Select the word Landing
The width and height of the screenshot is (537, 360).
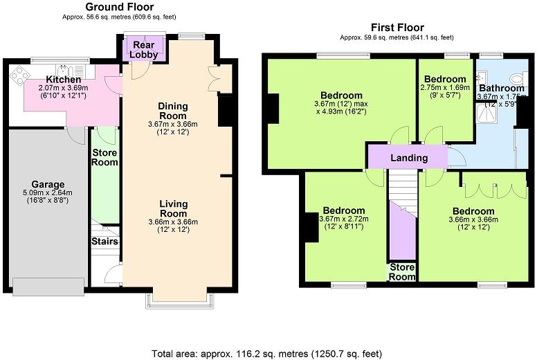pos(408,158)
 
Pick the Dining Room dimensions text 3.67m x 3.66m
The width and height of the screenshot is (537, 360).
pos(173,123)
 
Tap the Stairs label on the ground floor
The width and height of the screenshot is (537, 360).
pos(104,242)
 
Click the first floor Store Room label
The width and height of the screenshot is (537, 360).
pos(402,271)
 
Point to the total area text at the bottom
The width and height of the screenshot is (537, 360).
pos(268,353)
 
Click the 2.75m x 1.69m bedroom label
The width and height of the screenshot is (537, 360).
pos(445,88)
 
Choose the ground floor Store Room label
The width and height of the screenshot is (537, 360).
pos(105,158)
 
